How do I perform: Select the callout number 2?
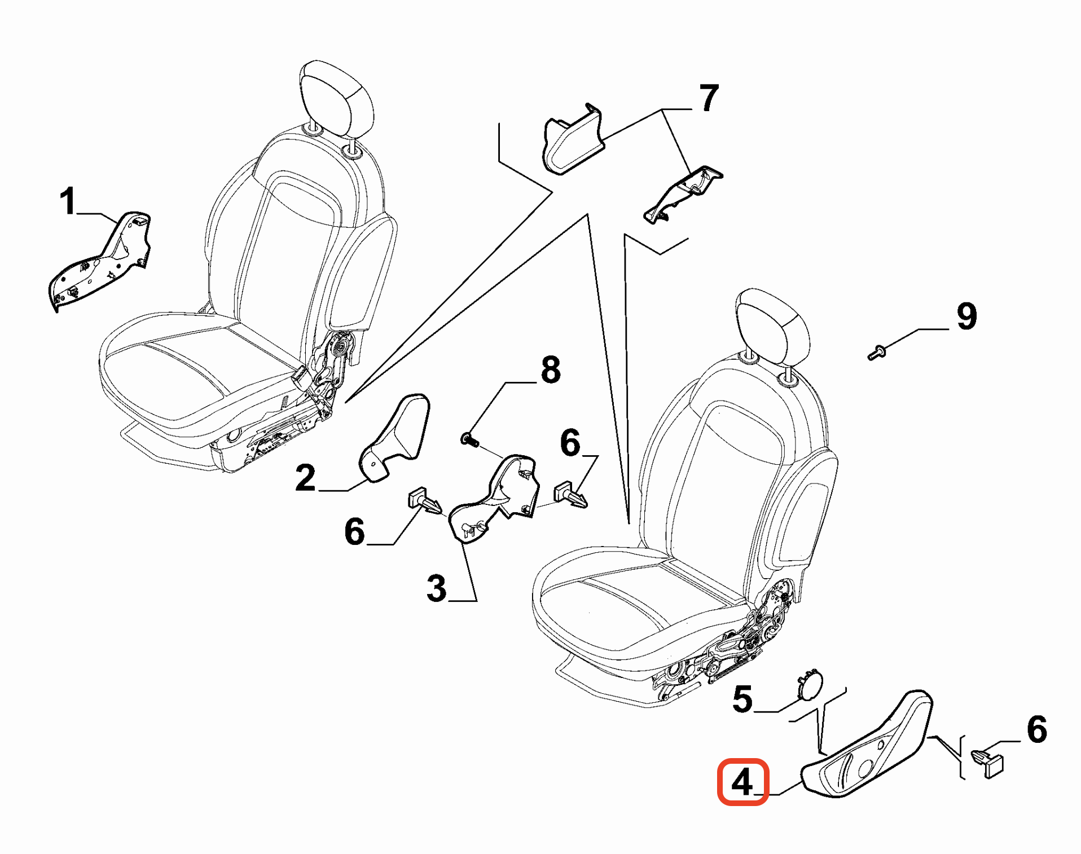305,478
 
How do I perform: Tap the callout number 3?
437,588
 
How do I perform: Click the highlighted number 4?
742,782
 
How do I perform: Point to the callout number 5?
742,699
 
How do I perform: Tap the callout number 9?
967,316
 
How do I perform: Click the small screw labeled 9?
876,353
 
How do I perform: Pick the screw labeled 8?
469,439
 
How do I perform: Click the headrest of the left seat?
336,99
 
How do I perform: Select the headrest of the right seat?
773,326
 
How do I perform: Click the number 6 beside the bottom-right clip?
1037,729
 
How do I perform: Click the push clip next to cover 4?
988,761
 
